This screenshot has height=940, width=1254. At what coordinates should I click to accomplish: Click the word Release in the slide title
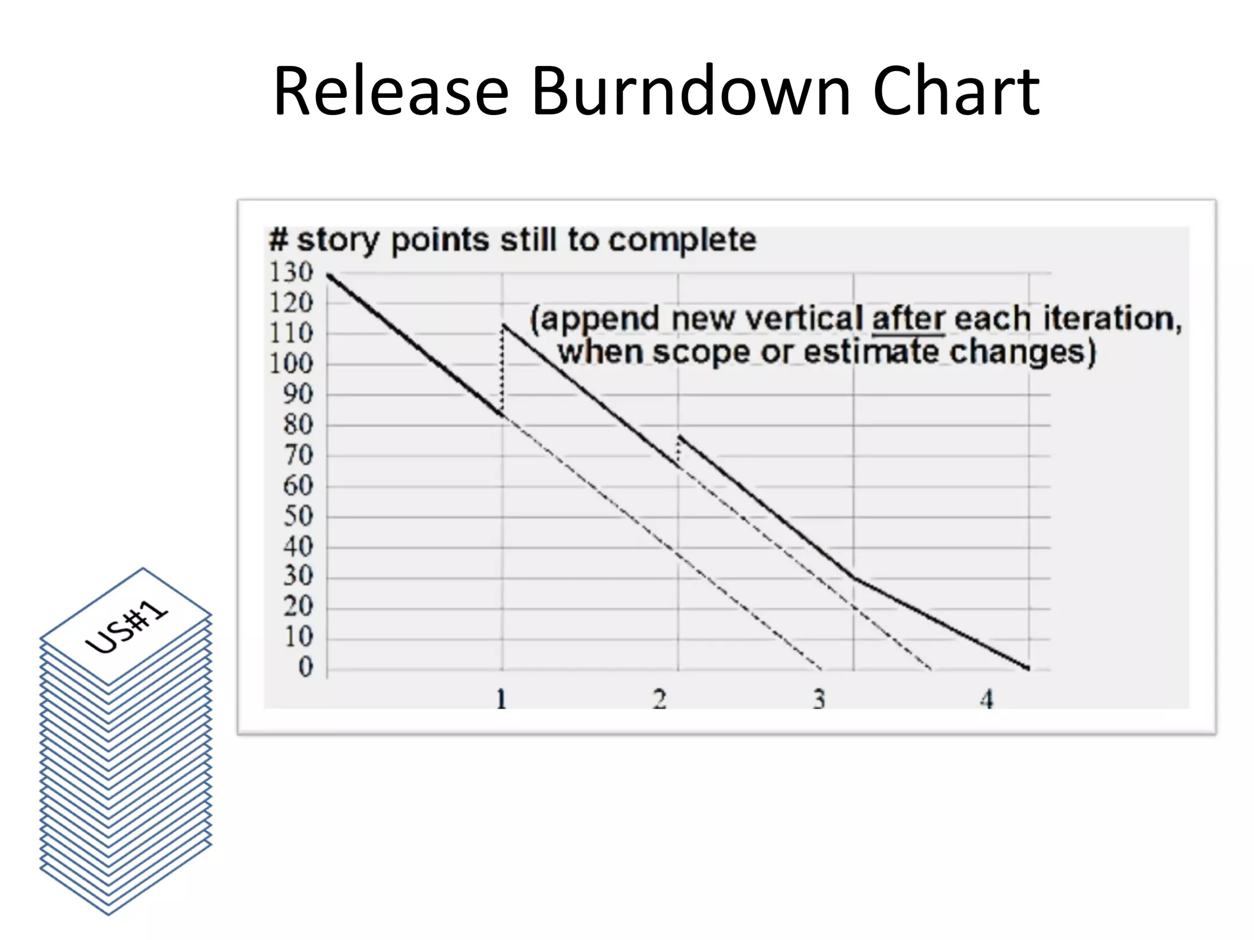coord(391,92)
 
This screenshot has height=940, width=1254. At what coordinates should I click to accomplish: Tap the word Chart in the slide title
coord(956,92)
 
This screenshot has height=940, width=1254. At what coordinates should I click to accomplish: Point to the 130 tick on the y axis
coord(291,272)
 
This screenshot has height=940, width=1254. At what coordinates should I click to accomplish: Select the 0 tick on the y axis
coord(306,667)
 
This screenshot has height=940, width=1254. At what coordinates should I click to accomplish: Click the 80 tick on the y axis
coord(298,425)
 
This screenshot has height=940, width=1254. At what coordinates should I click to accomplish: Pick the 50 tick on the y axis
coord(298,516)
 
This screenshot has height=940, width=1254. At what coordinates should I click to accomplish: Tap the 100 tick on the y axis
coord(291,364)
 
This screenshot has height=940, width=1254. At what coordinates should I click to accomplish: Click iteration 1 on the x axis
coord(501,699)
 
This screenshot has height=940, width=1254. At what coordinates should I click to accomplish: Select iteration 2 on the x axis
coord(659,699)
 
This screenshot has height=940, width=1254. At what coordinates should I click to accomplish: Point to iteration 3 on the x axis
coord(819,699)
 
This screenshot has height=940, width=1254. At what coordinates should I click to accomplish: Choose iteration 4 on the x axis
coord(986,699)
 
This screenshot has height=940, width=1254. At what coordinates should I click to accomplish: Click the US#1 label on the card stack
coord(126,627)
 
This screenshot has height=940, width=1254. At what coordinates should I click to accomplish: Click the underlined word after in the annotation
coord(908,319)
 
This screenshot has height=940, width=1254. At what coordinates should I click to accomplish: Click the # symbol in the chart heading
coord(278,240)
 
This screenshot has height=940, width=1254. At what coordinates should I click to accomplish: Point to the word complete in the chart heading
coord(682,240)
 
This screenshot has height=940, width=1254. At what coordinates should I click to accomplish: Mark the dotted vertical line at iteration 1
coord(502,370)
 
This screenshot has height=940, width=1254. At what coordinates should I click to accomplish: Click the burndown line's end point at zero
coord(1028,668)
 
